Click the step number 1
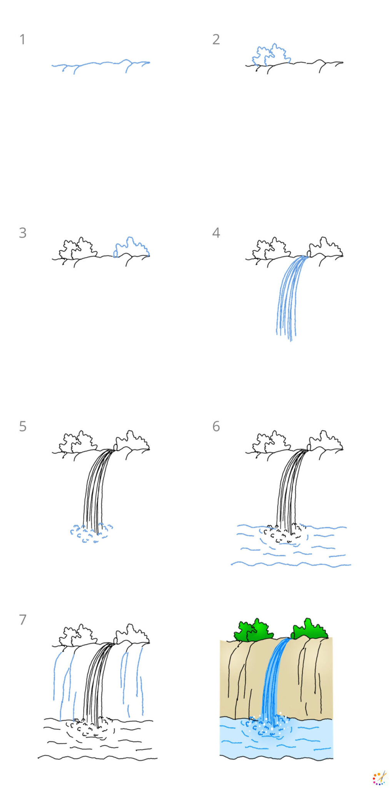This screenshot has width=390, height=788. point(22,39)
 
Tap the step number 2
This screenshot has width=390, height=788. point(216,39)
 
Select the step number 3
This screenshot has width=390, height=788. point(22,233)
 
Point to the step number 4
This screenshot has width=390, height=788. point(216,233)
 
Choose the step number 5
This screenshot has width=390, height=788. point(22,426)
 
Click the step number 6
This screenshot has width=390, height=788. point(216,426)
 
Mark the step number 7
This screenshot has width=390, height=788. point(22,620)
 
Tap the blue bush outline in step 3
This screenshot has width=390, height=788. point(131,247)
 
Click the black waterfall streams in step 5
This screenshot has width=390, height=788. point(94,492)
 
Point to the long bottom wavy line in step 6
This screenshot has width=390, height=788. point(290,564)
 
